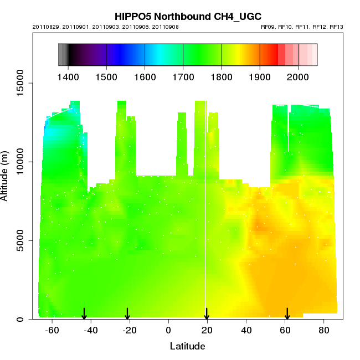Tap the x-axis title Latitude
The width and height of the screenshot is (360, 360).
[x=187, y=347]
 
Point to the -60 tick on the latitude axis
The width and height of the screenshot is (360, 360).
[x=52, y=330]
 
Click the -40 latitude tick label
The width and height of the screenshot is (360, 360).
[x=91, y=330]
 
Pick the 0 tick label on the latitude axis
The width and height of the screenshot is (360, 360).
[x=168, y=330]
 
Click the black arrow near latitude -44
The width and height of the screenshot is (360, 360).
[x=84, y=314]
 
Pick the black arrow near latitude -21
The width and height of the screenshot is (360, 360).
[x=127, y=314]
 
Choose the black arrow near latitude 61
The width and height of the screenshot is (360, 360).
[x=287, y=314]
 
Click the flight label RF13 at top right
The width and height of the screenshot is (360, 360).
[x=337, y=27]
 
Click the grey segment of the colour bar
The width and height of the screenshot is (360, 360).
[x=63, y=55]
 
